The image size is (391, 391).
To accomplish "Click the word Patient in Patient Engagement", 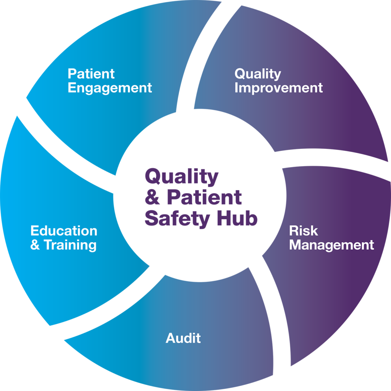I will point(91,73).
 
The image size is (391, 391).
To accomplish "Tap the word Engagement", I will point(110,88).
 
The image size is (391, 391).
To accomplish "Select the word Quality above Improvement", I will point(257,74).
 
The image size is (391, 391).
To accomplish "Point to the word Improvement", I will point(278,88).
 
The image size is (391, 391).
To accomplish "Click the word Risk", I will point(303,231).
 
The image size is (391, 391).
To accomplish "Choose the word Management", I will point(331,245).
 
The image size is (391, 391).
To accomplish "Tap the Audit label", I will point(183,338).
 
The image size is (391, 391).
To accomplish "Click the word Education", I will point(64,231).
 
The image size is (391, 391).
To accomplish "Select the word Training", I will point(70,245).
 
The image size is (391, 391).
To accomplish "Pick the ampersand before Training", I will point(35,245).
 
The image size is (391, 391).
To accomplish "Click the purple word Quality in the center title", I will point(181,177).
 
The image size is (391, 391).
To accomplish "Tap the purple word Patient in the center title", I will point(205,198).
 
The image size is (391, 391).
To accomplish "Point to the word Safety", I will point(177,219).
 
